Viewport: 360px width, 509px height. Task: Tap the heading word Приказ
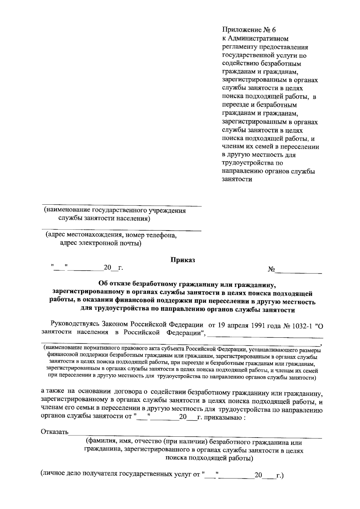coord(183,260)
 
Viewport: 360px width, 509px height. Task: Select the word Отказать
coord(54,432)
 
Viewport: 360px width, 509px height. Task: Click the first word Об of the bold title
coord(103,283)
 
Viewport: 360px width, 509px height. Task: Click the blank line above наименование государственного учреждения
coord(121,206)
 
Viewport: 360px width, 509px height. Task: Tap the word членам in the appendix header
coord(232,147)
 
